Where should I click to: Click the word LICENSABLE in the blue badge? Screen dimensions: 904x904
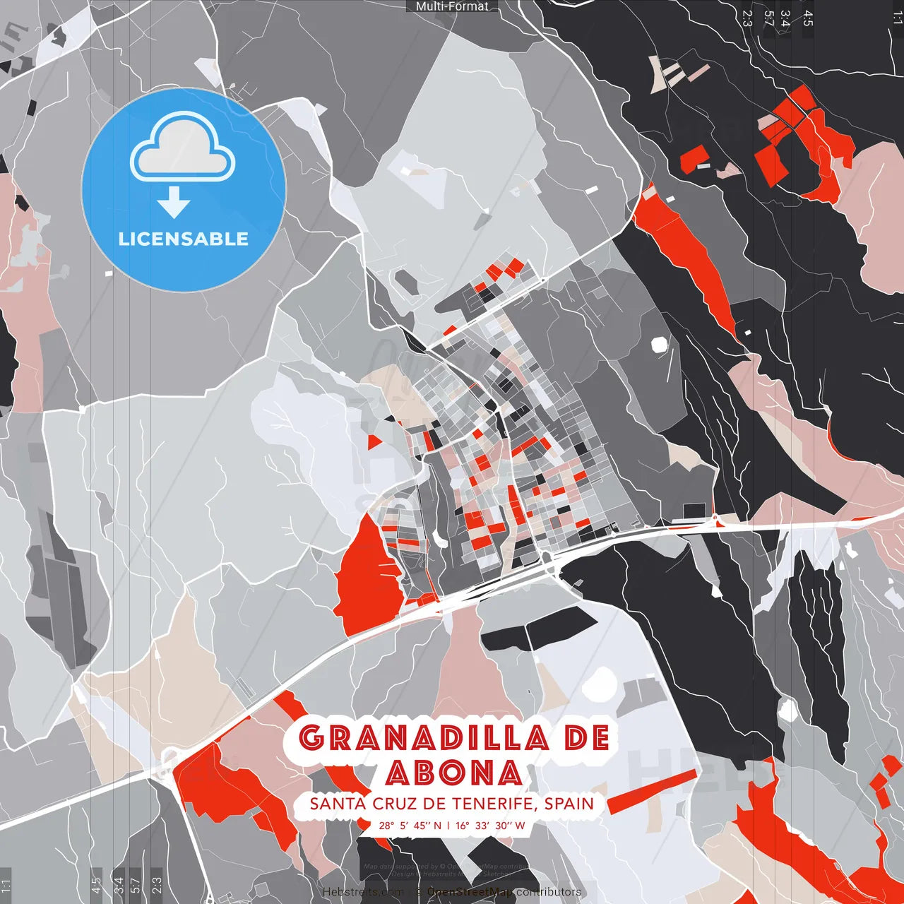coord(183,239)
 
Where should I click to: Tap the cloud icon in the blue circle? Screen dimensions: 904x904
coord(183,147)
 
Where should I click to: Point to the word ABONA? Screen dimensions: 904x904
coord(454,773)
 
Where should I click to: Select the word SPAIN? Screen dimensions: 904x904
coord(569,804)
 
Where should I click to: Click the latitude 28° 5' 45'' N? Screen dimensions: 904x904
coord(410,826)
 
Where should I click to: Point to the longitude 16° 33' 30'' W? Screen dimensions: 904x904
coord(490,826)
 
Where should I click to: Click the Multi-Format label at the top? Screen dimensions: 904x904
coord(452,6)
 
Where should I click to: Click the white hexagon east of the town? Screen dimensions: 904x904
coord(659,345)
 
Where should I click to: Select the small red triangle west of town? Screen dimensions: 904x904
coord(374,442)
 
